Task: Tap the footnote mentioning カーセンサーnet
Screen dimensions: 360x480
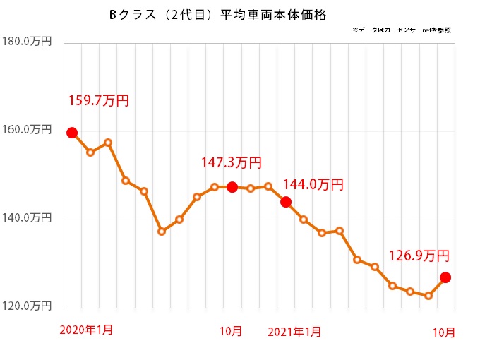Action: coord(400,30)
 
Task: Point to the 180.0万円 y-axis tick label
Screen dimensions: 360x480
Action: coord(27,42)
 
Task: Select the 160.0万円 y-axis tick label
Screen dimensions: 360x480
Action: coord(27,130)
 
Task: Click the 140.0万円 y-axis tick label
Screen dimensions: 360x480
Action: coord(27,218)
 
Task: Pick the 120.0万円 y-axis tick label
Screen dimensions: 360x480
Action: coord(27,306)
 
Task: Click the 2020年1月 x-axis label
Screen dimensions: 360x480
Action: coord(86,330)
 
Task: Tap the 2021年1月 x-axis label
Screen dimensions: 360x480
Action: coord(296,331)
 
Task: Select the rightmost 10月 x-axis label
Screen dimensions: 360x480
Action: coord(444,332)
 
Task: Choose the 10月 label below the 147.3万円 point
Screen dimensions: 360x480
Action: coord(232,331)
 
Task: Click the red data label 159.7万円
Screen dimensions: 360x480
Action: coord(98,101)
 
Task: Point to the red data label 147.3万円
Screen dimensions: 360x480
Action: coord(231,163)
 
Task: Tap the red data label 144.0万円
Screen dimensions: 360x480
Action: coord(313,185)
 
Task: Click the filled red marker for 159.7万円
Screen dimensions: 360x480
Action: coord(72,133)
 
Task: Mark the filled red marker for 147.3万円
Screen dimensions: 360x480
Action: coord(232,187)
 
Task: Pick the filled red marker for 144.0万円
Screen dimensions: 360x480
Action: coord(286,202)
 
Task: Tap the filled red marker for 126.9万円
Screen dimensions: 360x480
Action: coord(445,277)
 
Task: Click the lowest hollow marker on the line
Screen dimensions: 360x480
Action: coord(428,296)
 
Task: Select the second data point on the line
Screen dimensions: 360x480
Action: coord(90,152)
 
